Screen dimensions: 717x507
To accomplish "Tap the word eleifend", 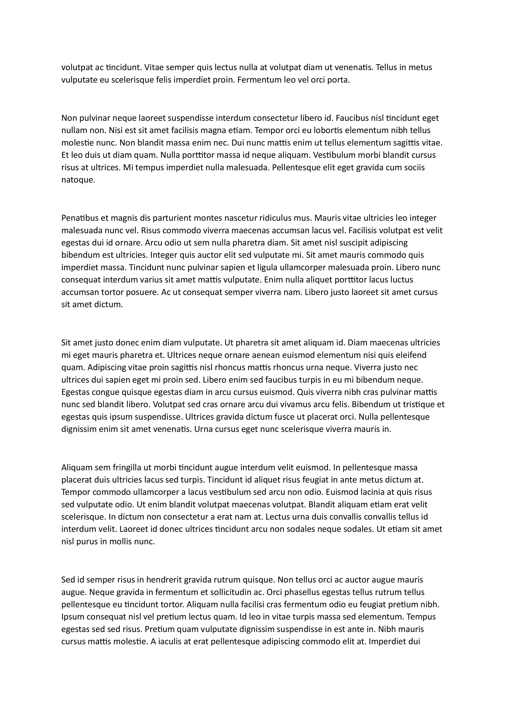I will pyautogui.click(x=411, y=355).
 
